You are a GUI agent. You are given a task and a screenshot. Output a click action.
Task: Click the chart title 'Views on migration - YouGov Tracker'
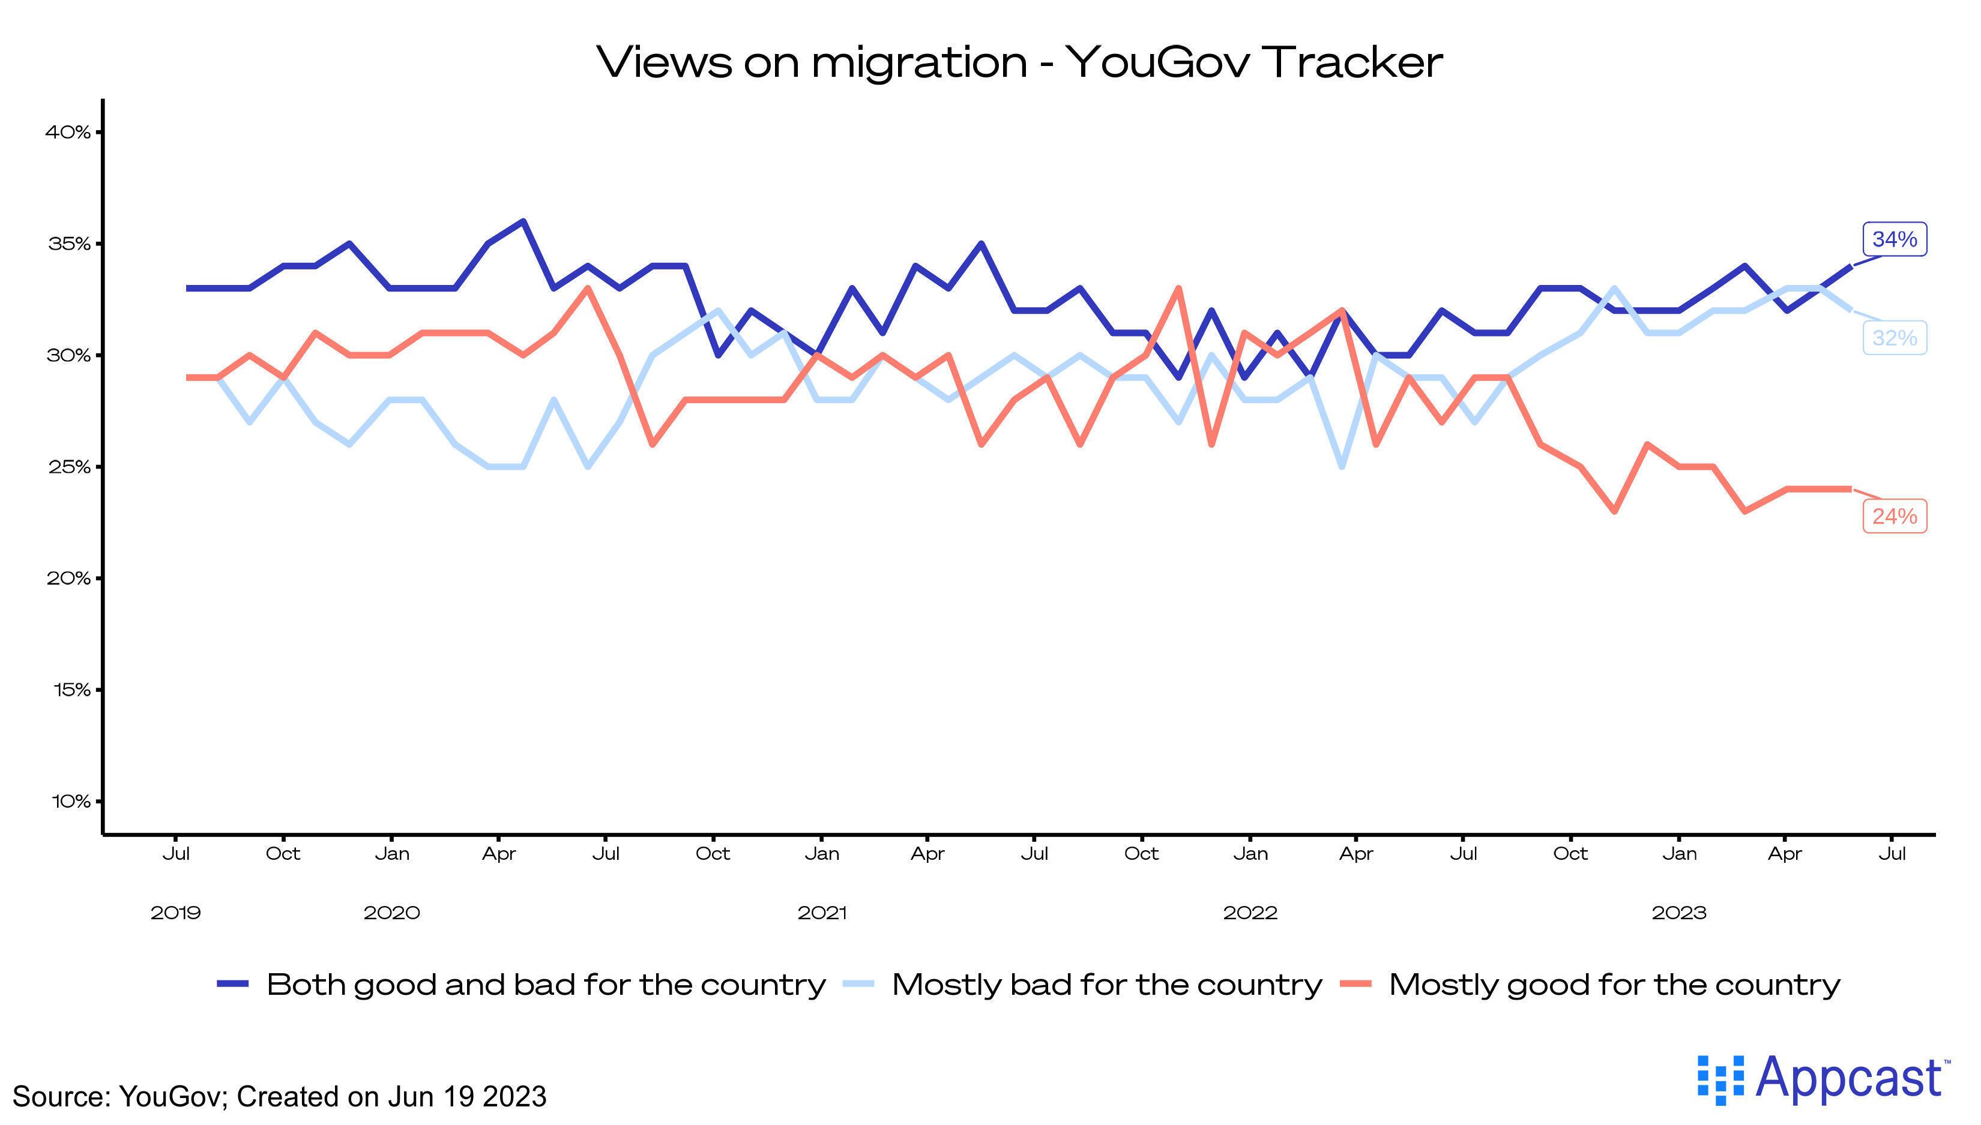pos(1019,62)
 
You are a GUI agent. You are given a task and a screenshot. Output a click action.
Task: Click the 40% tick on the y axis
pos(68,132)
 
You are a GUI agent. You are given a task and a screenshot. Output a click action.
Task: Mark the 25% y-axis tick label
pos(70,467)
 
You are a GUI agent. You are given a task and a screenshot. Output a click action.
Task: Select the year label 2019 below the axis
pos(175,913)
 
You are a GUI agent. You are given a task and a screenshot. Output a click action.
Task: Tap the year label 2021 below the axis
pos(822,913)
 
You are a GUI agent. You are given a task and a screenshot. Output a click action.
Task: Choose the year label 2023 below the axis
pos(1679,913)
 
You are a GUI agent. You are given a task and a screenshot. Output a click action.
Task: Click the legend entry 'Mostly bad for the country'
pos(1106,985)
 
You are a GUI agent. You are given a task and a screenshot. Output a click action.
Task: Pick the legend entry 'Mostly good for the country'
pos(1614,985)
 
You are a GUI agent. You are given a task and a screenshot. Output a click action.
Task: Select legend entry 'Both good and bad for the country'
pos(546,985)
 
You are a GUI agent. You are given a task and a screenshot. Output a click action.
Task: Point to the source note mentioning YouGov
pos(279,1096)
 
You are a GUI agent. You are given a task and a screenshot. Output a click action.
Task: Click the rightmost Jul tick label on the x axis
pos(1892,854)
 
